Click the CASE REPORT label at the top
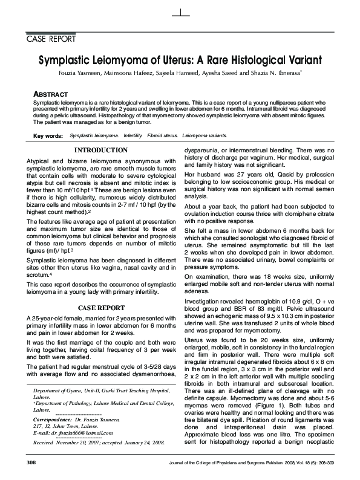[x=51, y=40]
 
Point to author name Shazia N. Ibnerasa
[x=289, y=73]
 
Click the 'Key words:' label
[x=48, y=137]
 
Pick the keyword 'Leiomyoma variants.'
[x=206, y=137]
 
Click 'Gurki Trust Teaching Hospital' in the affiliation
[x=134, y=392]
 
